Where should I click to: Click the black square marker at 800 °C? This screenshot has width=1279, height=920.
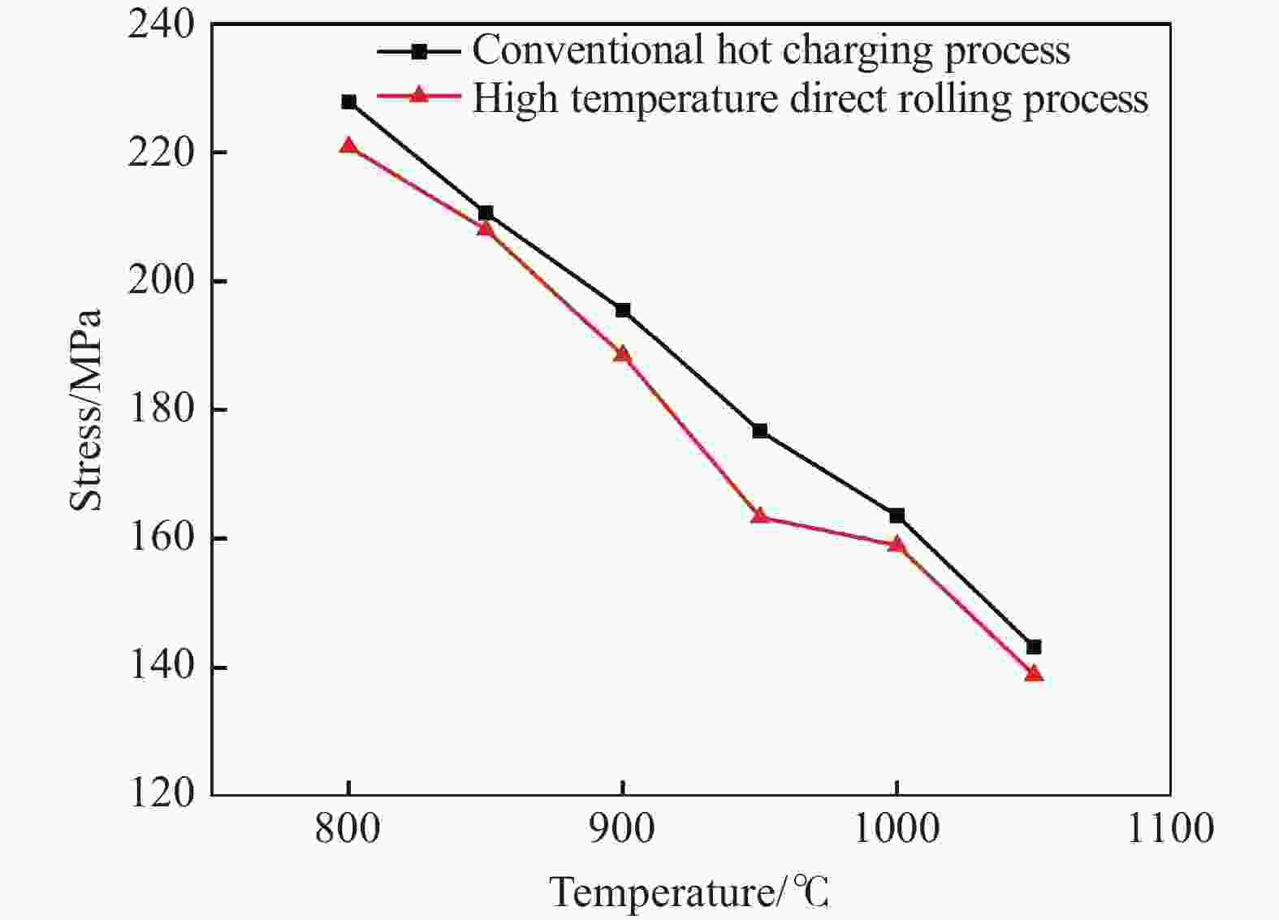(348, 102)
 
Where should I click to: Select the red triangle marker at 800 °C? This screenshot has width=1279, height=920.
(348, 146)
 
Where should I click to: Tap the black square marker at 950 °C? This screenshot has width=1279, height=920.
(760, 430)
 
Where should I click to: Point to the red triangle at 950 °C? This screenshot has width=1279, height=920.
(760, 516)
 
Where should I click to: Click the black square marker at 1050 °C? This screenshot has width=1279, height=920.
(1034, 647)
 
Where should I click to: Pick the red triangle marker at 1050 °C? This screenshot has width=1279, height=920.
(1034, 673)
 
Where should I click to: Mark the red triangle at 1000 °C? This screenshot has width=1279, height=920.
(897, 544)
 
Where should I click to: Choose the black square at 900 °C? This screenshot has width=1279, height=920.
(623, 310)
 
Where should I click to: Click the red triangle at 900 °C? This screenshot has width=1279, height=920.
(623, 354)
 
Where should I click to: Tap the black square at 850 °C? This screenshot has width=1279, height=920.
(486, 213)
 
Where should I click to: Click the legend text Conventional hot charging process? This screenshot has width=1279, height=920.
(771, 50)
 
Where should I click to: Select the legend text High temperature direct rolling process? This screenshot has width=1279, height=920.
(810, 99)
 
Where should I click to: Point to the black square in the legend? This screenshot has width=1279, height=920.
(419, 51)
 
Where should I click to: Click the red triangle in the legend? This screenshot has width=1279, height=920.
(419, 96)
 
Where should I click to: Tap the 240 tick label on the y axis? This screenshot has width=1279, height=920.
(162, 24)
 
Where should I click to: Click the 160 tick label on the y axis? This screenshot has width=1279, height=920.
(162, 539)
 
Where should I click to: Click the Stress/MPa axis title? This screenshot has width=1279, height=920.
(87, 410)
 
